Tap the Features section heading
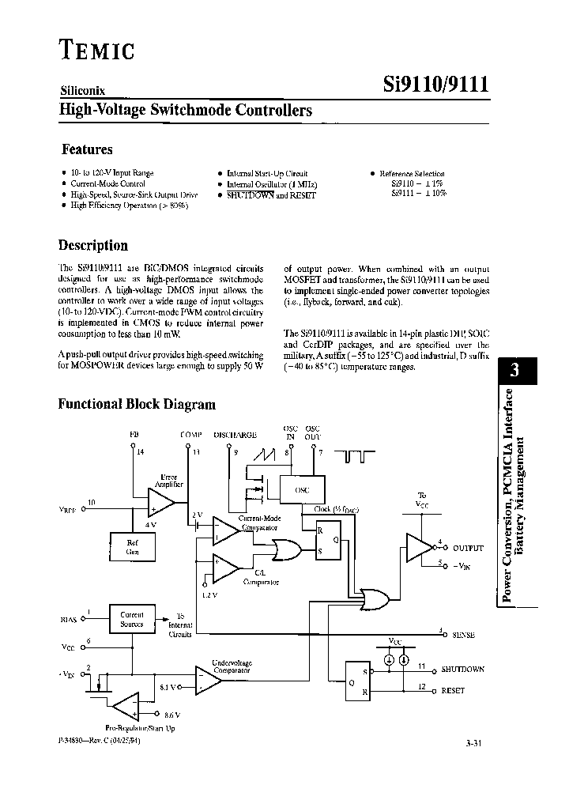[87, 149]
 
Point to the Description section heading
[93, 246]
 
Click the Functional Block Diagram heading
[137, 404]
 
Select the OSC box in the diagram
[302, 489]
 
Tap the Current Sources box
[132, 619]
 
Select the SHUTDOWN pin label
[462, 669]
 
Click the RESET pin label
[453, 691]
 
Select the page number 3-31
[477, 743]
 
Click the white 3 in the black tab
[514, 372]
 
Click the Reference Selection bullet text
[412, 173]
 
